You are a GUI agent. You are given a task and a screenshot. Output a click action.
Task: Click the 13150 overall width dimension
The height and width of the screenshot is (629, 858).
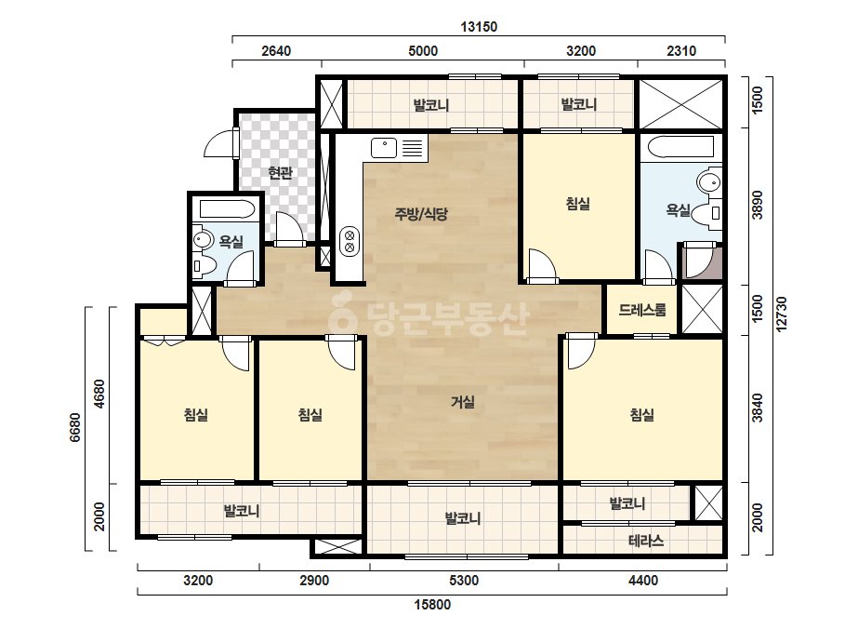[x=479, y=27]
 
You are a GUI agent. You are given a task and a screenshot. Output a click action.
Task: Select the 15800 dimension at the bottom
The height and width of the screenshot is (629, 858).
[x=432, y=605]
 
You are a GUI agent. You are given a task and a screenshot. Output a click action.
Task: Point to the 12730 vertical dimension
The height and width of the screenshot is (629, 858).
[x=781, y=314]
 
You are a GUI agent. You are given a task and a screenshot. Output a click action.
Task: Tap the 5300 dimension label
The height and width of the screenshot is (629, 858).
[x=464, y=581]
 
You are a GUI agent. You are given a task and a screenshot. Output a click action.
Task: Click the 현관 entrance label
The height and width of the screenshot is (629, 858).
[x=280, y=173]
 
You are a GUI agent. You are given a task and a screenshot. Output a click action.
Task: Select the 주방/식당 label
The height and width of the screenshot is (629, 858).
[x=421, y=214]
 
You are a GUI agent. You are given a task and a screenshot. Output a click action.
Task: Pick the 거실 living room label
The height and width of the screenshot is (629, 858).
[x=463, y=402]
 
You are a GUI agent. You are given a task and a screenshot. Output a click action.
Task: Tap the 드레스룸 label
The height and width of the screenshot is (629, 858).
[x=642, y=310]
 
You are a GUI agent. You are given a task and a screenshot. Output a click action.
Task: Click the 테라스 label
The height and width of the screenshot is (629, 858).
[x=646, y=542]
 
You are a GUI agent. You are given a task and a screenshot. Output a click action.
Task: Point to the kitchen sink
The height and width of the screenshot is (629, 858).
[x=384, y=148]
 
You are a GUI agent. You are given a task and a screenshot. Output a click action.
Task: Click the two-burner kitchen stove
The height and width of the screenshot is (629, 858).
[x=350, y=242]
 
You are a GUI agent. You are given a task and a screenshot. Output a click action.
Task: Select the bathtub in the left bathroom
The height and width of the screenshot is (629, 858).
[x=227, y=209]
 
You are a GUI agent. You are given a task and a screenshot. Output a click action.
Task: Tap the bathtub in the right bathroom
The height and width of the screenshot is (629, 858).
[x=680, y=147]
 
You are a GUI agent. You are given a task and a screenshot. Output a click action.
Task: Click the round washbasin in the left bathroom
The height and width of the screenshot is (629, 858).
[x=203, y=240]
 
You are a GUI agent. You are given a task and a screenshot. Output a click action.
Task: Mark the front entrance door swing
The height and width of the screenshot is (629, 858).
[x=220, y=143]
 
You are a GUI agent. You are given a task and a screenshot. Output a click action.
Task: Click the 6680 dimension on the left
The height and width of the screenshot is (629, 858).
[x=75, y=427]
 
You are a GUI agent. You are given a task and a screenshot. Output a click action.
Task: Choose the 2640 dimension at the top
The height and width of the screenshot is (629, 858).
[x=276, y=51]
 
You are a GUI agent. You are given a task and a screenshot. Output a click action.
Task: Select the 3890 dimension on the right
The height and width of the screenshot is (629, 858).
[x=758, y=205]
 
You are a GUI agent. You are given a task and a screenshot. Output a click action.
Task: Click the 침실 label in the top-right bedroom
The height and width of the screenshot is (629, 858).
[x=578, y=205]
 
